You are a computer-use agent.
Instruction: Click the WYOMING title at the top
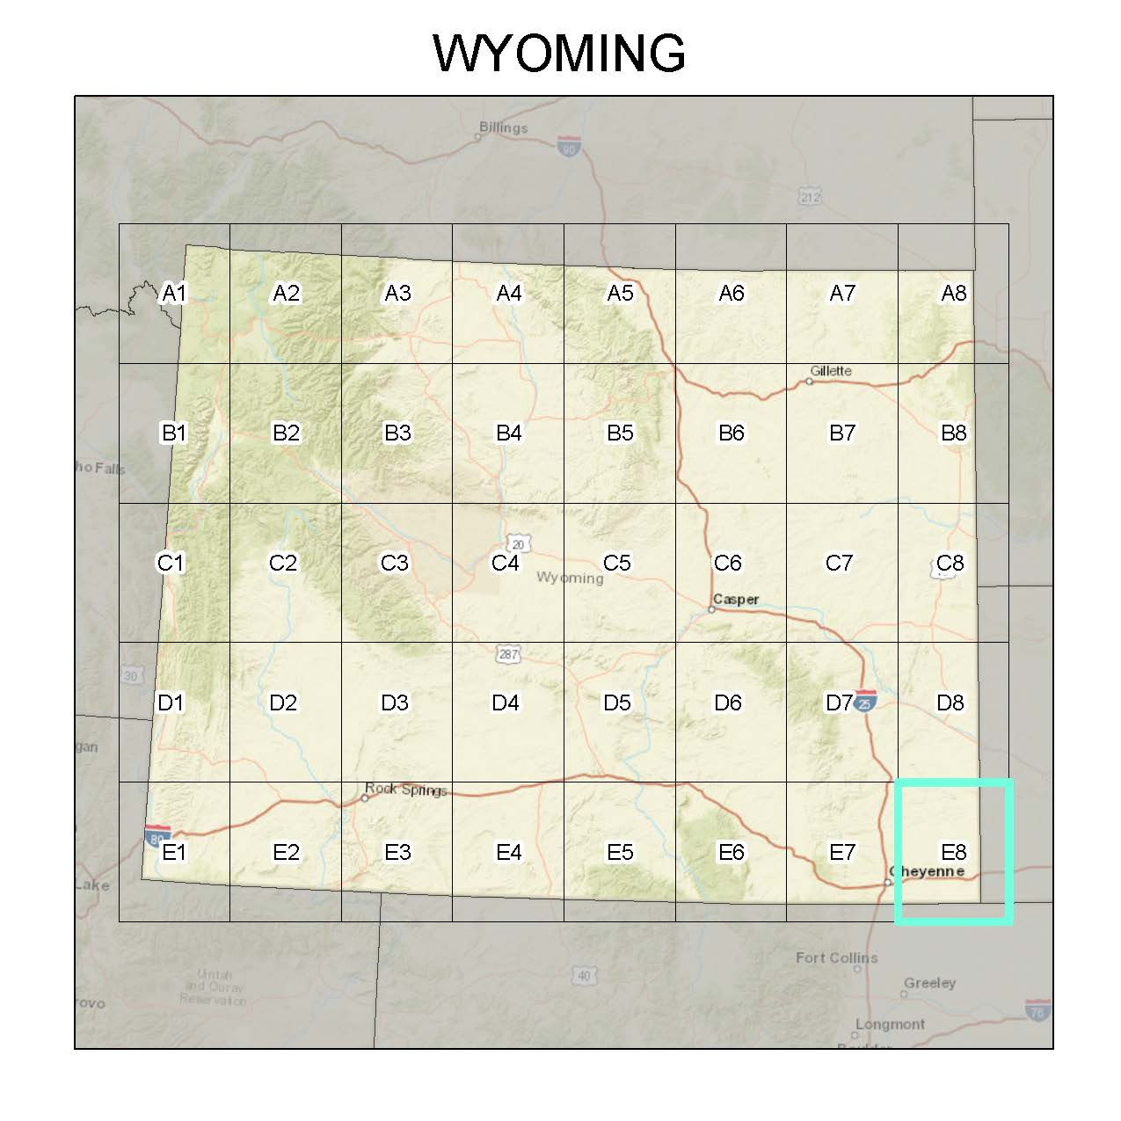(x=559, y=54)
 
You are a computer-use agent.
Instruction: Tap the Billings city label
(x=503, y=127)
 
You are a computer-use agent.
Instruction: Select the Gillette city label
(x=831, y=371)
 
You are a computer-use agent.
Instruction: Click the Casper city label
(x=736, y=600)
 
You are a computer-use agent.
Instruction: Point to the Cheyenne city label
(x=926, y=872)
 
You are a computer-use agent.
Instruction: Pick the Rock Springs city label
(x=406, y=790)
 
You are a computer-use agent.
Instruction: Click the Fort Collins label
(x=836, y=957)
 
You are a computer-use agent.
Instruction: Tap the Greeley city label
(x=929, y=983)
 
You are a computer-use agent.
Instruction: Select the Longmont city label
(x=889, y=1024)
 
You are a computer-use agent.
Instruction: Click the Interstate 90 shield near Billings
(x=570, y=146)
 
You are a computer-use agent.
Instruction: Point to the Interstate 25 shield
(x=865, y=700)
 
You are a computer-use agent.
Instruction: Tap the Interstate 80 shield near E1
(x=157, y=835)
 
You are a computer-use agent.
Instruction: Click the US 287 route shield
(x=508, y=654)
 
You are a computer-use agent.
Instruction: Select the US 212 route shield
(x=809, y=196)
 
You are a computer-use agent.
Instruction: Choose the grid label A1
(x=175, y=293)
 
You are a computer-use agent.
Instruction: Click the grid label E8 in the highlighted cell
(x=954, y=852)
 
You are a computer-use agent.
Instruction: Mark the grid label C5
(x=617, y=563)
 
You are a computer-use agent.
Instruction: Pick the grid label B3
(x=397, y=433)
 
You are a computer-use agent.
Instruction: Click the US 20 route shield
(x=520, y=544)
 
